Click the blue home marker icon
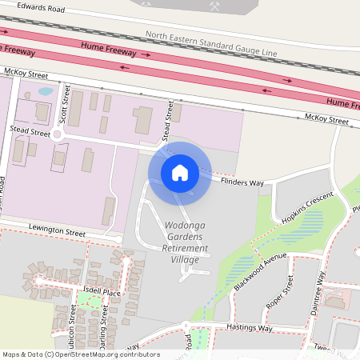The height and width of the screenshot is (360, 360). (180, 171)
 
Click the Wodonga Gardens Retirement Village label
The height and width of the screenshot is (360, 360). (186, 238)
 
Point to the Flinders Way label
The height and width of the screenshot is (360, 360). (242, 182)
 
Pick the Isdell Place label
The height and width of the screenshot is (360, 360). (100, 293)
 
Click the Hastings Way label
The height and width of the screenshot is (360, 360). (247, 328)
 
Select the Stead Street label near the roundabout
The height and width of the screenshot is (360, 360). (30, 128)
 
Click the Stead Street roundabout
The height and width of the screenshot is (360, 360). (57, 134)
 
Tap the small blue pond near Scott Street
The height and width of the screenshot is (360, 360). (46, 91)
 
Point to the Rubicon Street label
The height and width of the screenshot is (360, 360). (73, 336)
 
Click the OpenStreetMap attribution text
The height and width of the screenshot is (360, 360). (81, 354)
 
